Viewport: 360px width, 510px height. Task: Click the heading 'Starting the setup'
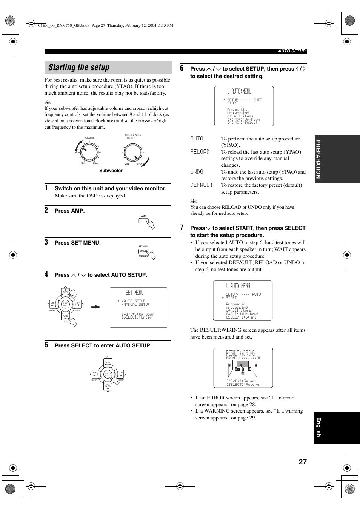79,68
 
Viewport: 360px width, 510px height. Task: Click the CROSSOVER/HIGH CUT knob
133,153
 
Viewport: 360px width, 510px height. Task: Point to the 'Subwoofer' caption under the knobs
111,171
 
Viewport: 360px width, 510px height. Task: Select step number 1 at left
46,188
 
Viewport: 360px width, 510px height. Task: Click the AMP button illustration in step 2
146,222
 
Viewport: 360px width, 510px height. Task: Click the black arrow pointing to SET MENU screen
97,307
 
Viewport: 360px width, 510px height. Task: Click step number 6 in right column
182,68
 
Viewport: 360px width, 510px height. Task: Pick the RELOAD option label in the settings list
200,152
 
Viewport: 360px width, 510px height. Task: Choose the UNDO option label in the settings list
197,172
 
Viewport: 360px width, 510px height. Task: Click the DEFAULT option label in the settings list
202,185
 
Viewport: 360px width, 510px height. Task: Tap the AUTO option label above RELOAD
197,139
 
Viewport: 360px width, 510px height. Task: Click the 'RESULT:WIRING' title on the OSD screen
240,353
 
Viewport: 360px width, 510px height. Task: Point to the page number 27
303,462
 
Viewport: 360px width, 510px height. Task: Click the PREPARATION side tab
318,159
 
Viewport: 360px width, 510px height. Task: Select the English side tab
318,427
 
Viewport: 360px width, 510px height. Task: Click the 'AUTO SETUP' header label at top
292,51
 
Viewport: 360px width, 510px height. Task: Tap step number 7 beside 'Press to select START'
182,228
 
